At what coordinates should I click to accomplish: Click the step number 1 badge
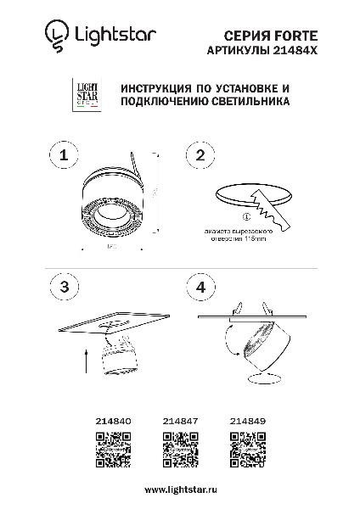pyautogui.click(x=64, y=155)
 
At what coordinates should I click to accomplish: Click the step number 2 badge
pyautogui.click(x=200, y=155)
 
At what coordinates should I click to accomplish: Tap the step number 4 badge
pyautogui.click(x=200, y=286)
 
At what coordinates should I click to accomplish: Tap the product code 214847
pyautogui.click(x=179, y=419)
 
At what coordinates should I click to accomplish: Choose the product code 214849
pyautogui.click(x=247, y=419)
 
